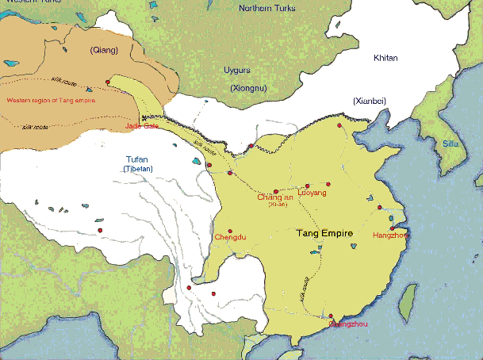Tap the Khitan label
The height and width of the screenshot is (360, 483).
click(x=385, y=59)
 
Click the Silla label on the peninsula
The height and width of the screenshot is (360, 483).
click(x=450, y=144)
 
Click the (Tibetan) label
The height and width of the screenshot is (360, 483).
click(x=137, y=169)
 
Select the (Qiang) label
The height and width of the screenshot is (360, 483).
click(x=103, y=50)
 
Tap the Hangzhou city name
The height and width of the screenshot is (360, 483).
click(x=389, y=236)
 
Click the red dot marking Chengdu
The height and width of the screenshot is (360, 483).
click(x=230, y=231)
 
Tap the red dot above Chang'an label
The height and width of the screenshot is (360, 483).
click(x=275, y=191)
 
